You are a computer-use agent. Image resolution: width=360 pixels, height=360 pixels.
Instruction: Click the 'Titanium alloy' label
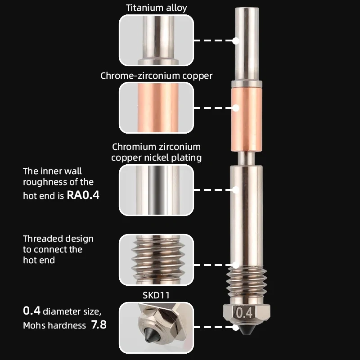(156, 8)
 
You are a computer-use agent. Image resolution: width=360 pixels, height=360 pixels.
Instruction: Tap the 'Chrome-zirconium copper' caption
(156, 76)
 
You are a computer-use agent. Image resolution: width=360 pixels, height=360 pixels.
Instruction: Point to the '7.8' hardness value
(99, 325)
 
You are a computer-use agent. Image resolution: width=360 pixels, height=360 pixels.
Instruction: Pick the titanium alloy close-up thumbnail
(156, 40)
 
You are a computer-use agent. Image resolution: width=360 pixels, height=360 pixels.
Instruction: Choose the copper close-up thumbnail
(156, 108)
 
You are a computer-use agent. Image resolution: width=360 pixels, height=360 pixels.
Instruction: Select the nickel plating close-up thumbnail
(156, 190)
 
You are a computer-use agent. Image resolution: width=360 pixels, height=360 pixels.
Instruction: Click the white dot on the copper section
(235, 108)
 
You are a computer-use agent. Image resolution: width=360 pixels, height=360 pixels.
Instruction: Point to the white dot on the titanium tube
(235, 40)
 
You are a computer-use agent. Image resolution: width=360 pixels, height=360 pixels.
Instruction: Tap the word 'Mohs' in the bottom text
(35, 325)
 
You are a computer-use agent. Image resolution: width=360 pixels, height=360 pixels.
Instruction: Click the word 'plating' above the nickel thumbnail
(187, 157)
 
